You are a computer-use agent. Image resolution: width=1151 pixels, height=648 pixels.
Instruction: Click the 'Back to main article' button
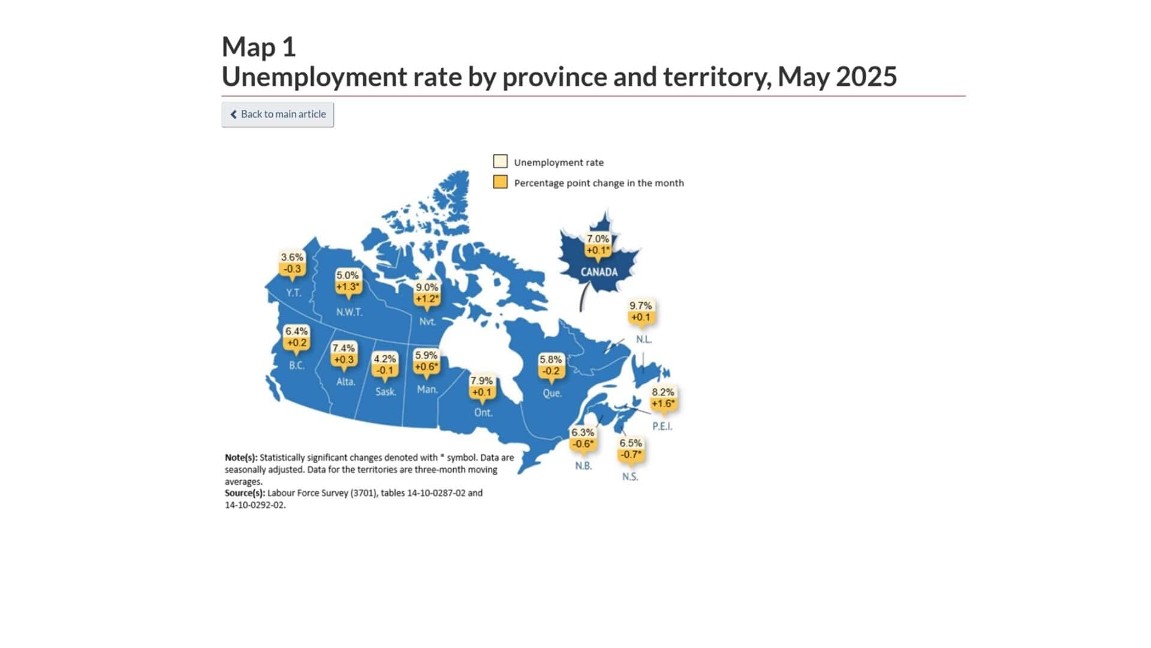278,114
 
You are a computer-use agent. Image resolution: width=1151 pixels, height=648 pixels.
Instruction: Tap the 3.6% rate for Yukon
292,257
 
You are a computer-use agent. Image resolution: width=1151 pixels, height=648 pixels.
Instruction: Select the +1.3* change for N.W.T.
348,287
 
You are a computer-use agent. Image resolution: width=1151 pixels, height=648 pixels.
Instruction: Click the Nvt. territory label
427,322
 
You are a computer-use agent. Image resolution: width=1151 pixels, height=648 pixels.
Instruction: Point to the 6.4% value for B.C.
296,331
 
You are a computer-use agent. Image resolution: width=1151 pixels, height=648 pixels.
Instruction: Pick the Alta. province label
346,382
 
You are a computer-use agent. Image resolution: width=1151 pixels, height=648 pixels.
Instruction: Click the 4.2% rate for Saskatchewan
385,359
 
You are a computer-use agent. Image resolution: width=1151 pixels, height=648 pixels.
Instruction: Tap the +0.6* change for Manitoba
426,367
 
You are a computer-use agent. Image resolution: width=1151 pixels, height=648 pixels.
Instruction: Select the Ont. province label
483,413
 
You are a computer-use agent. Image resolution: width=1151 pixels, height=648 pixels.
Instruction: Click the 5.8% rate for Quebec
551,359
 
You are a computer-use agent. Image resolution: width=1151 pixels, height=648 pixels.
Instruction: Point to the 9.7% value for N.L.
640,306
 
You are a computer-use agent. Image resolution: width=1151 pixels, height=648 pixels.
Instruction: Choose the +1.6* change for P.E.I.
663,404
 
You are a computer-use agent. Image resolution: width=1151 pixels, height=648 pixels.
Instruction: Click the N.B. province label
583,466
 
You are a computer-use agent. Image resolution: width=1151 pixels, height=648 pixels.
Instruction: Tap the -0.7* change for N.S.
631,455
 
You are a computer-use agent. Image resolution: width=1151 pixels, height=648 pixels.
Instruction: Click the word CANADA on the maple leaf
599,272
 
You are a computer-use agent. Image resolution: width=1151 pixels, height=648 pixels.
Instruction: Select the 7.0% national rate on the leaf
598,239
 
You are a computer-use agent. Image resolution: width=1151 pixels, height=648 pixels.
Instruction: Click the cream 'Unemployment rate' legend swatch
501,161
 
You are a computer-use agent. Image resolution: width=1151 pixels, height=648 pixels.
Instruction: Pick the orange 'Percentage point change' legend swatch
501,182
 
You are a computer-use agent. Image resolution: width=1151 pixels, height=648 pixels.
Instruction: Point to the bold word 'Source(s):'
245,493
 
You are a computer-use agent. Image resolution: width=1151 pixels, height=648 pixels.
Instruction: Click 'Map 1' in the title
259,47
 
